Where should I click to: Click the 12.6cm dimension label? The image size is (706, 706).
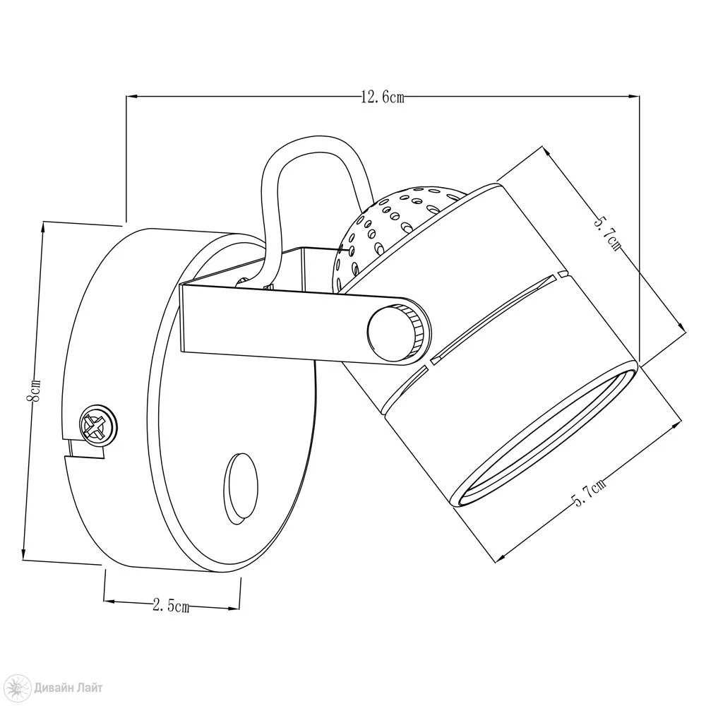383,97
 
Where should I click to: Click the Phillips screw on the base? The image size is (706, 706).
97,426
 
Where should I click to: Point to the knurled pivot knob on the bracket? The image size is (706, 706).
397,328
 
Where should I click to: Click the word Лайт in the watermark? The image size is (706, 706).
90,688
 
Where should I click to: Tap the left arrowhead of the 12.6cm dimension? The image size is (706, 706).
131,96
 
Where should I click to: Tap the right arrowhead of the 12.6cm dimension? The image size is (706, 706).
634,96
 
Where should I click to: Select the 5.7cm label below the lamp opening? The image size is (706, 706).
589,493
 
